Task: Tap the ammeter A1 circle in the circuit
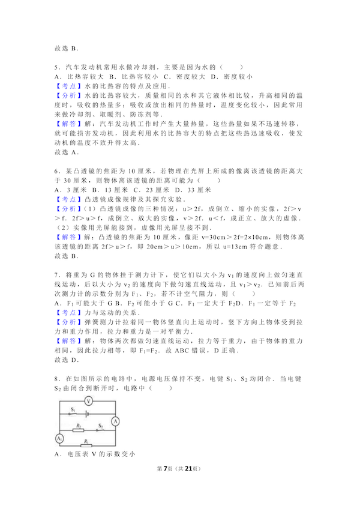(59, 439)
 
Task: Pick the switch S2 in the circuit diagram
(100, 428)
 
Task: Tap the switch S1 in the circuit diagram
(72, 412)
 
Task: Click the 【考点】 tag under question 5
(65, 86)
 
